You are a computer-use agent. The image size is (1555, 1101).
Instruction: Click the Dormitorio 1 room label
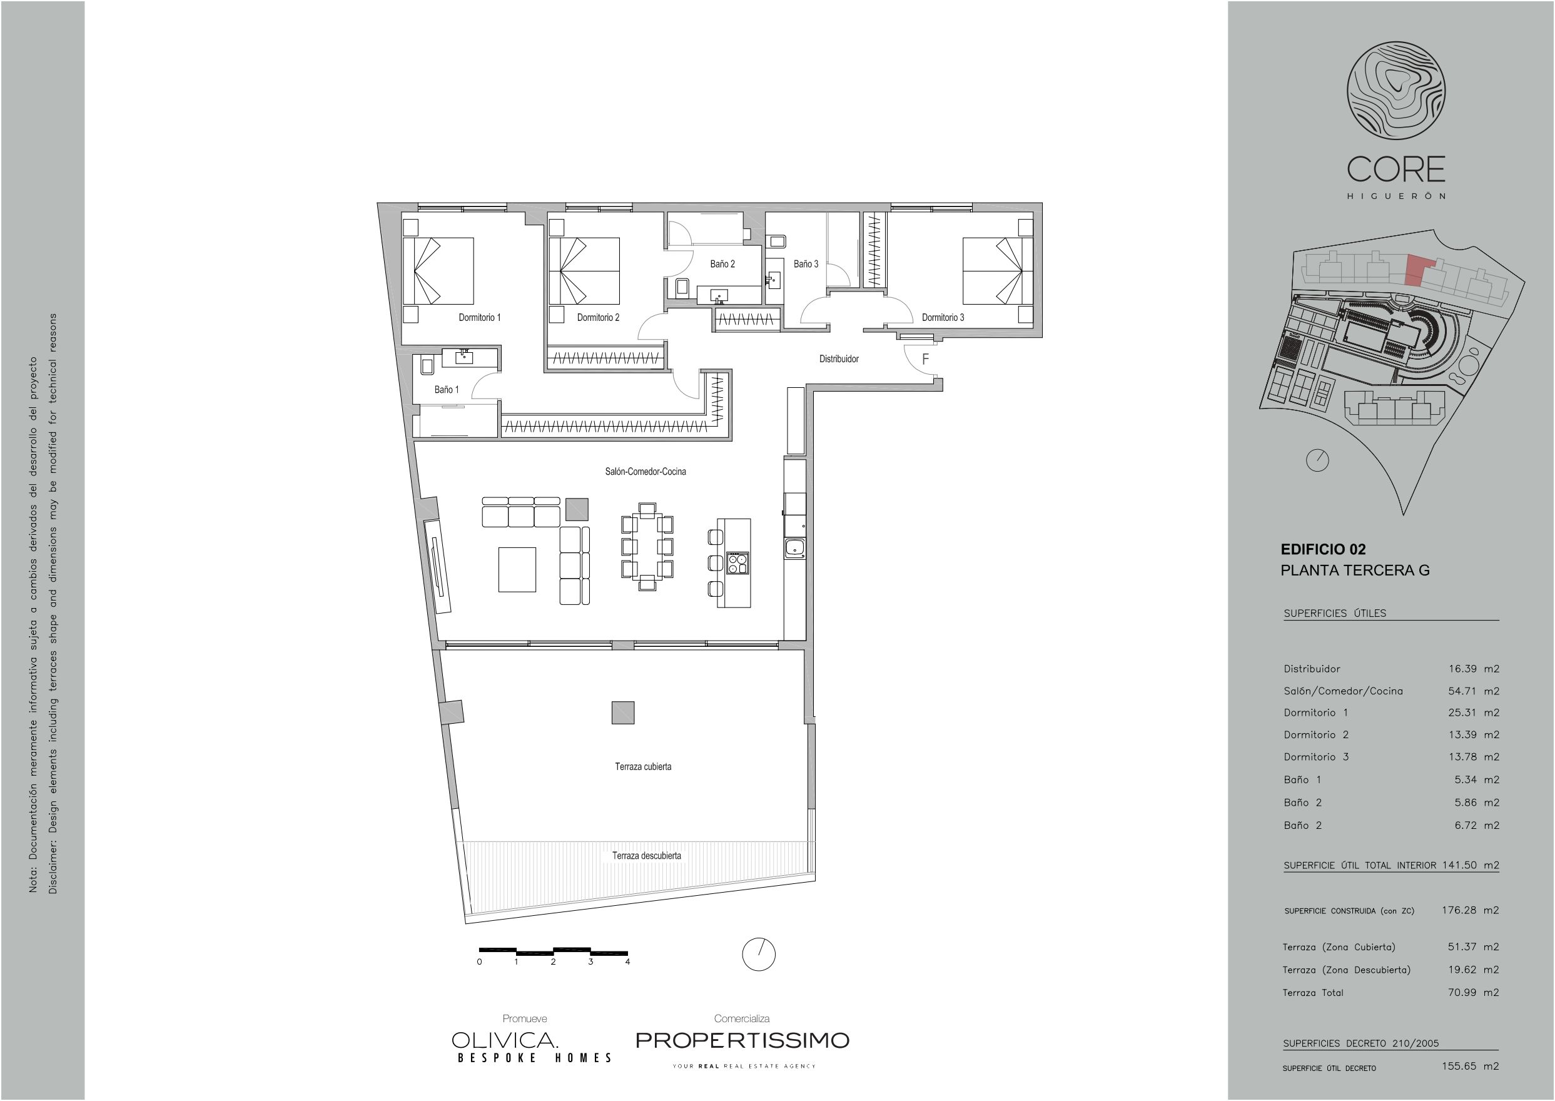(479, 317)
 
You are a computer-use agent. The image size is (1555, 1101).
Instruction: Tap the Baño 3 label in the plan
(806, 264)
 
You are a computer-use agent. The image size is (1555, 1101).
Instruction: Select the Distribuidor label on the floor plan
(839, 358)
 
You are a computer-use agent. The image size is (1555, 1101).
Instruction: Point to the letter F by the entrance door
(925, 359)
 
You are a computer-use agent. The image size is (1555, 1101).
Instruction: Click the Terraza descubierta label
(647, 856)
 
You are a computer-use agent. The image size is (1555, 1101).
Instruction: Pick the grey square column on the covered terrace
(623, 713)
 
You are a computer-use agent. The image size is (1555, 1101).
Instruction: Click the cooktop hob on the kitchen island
(737, 564)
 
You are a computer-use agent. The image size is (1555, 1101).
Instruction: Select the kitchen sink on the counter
(794, 549)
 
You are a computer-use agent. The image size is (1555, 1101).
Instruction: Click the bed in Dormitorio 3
(997, 270)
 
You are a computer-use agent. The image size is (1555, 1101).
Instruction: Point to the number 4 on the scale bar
(628, 961)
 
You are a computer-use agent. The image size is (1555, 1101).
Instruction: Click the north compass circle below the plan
(759, 954)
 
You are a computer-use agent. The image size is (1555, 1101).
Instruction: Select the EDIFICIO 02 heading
(1322, 550)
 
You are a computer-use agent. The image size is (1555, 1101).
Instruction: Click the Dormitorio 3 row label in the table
(1315, 756)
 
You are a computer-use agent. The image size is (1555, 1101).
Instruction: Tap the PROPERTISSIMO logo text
(742, 1040)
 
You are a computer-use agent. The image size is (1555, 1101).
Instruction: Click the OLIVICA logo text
(505, 1040)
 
